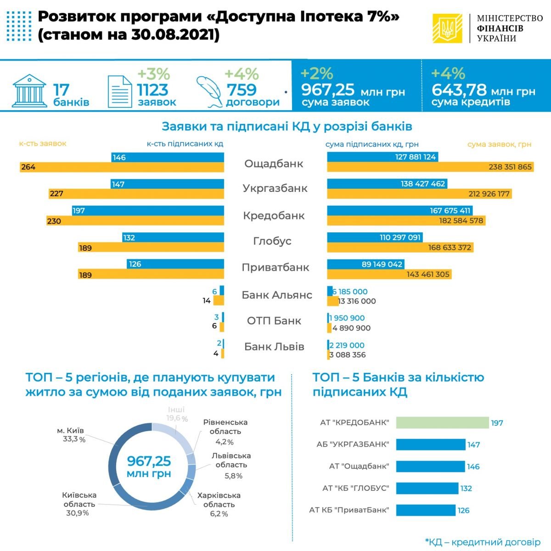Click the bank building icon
29,90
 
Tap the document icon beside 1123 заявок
119,91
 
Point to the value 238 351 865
510,167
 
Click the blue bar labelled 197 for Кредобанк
148,211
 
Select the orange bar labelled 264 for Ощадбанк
122,167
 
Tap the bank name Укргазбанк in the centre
275,188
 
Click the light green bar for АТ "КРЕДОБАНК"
442,422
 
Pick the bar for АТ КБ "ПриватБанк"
426,510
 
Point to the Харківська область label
219,500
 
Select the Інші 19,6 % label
176,414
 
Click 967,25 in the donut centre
149,461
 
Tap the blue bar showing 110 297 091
375,237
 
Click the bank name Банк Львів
274,347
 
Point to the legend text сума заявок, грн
499,144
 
